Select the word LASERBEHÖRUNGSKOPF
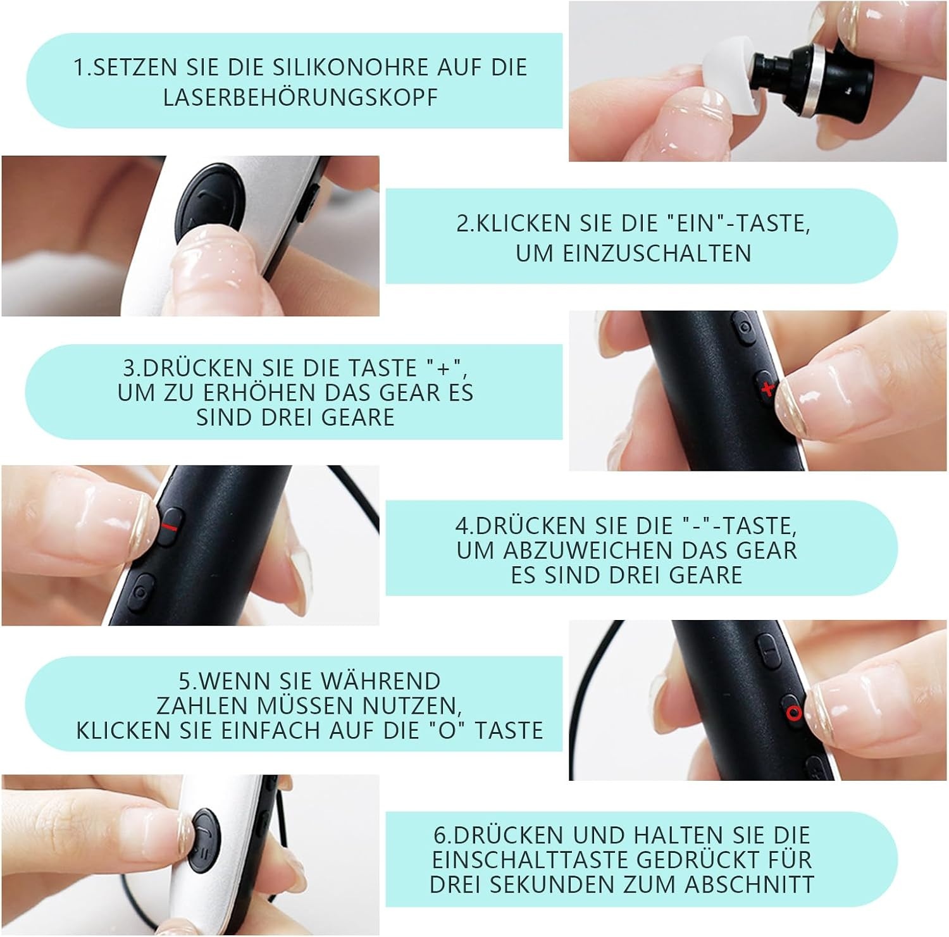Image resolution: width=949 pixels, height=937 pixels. click(x=301, y=97)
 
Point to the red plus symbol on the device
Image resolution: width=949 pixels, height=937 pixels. click(x=767, y=388)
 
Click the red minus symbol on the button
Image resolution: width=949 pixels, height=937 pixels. click(x=170, y=526)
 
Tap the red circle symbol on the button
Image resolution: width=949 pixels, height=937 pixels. click(x=794, y=713)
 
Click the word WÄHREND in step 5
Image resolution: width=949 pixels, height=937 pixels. click(x=380, y=681)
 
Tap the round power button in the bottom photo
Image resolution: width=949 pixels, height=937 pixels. click(x=204, y=840)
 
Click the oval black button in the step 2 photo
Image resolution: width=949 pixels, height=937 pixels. click(x=209, y=200)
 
